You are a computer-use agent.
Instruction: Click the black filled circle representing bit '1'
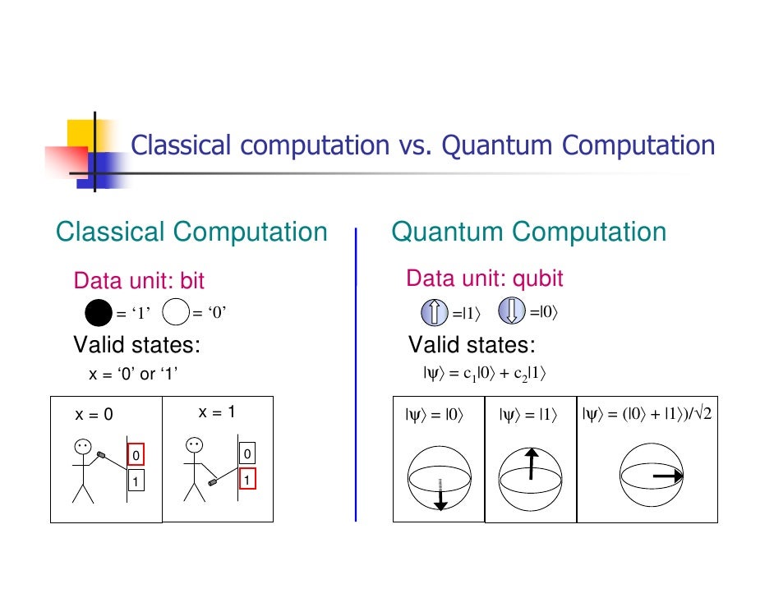[x=98, y=313]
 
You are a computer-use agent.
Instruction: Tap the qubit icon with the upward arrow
[x=434, y=313]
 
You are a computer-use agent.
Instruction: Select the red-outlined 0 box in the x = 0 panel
[x=136, y=455]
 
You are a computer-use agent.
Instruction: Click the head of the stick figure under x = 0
[x=83, y=448]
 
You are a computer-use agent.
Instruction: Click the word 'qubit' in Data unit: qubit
[x=538, y=279]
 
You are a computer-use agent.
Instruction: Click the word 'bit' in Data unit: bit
[x=191, y=282]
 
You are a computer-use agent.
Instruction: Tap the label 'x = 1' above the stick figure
[x=218, y=412]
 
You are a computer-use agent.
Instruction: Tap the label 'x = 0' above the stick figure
[x=94, y=415]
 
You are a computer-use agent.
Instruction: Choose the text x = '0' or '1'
[x=133, y=375]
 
